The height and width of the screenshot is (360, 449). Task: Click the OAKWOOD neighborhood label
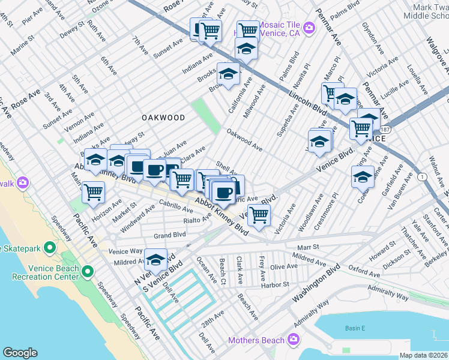click(x=163, y=118)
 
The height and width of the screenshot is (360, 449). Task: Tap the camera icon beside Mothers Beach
click(x=294, y=340)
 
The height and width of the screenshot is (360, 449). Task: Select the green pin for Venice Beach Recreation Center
click(x=88, y=272)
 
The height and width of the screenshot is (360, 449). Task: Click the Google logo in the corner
click(x=20, y=353)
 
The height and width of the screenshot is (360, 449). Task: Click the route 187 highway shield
click(x=382, y=129)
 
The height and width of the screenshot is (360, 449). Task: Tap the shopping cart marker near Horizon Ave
click(x=94, y=192)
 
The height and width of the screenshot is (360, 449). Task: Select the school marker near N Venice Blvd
click(x=155, y=259)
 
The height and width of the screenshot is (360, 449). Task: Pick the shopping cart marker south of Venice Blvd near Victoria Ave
click(x=259, y=214)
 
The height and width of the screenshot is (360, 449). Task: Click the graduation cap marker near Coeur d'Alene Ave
click(x=363, y=176)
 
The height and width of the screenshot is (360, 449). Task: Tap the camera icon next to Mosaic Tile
click(x=309, y=27)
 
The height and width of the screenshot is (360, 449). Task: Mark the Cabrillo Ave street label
click(x=176, y=207)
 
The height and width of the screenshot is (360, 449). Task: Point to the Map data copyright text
click(x=423, y=355)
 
